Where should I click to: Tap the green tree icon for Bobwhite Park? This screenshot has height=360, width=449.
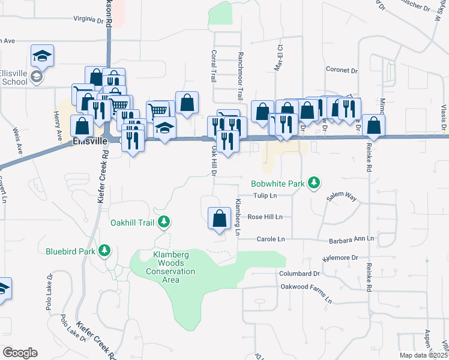[x=313, y=182]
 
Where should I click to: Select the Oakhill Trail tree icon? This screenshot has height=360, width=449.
[x=163, y=223]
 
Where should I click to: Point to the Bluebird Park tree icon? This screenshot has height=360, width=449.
[x=105, y=250]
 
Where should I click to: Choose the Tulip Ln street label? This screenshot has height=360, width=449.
[x=264, y=196]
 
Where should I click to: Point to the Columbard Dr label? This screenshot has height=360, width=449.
[x=300, y=273]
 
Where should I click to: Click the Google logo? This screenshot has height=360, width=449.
[x=20, y=353]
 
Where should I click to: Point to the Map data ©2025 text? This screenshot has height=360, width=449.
[x=424, y=355]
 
